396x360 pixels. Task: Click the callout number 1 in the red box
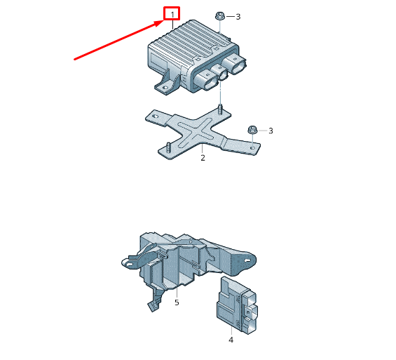tap(172, 15)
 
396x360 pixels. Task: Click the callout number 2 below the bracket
tap(203, 158)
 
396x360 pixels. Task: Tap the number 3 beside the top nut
tap(238, 17)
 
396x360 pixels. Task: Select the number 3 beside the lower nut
tap(271, 131)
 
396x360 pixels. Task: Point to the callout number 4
tap(231, 340)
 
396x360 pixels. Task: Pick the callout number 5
tap(177, 302)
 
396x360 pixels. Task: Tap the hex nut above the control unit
tap(219, 16)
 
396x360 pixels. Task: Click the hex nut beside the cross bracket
tap(252, 130)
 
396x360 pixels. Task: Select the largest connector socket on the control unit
tap(235, 65)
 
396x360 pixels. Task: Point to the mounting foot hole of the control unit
tap(165, 88)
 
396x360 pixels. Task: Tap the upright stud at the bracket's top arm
tap(220, 109)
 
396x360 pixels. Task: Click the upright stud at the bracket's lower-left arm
tap(168, 147)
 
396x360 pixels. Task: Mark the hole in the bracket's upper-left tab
tap(156, 116)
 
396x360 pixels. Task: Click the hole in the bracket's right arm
tap(252, 147)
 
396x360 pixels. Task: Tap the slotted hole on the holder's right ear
tap(247, 260)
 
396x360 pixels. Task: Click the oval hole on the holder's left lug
tap(130, 265)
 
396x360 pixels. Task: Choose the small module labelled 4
tap(237, 305)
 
